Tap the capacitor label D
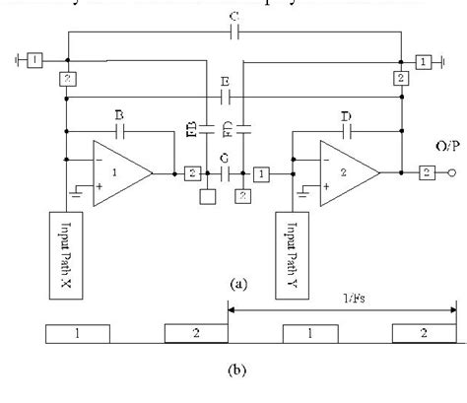pyautogui.click(x=347, y=115)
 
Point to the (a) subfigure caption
pyautogui.click(x=235, y=283)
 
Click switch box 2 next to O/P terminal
pyautogui.click(x=429, y=174)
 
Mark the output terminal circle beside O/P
pyautogui.click(x=453, y=174)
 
